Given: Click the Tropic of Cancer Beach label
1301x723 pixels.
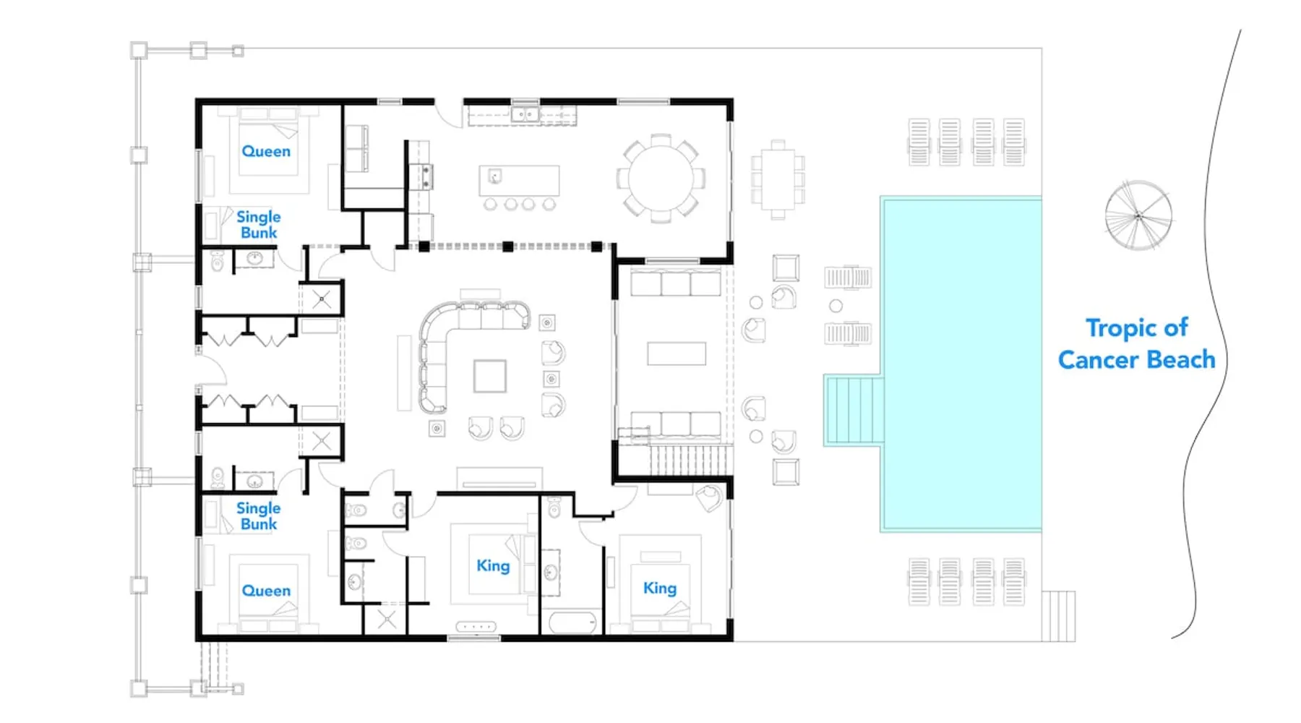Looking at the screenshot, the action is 1136,344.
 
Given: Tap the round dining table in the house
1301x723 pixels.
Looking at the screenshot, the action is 661,178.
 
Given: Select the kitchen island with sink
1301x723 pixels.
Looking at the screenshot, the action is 519,181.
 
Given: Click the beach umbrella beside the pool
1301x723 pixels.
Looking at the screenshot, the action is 1138,215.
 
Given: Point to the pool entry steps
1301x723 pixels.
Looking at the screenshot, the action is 854,410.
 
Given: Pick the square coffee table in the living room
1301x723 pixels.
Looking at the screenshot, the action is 490,376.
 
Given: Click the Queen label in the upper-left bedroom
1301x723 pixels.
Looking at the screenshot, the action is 266,151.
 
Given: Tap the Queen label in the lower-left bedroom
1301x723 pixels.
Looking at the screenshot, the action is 266,591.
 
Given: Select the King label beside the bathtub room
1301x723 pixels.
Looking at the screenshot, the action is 493,566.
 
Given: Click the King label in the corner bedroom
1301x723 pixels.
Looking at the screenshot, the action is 660,589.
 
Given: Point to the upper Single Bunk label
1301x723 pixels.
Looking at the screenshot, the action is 259,225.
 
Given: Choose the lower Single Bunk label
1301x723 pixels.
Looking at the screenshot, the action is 259,516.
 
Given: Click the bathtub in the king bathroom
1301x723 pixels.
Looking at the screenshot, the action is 572,623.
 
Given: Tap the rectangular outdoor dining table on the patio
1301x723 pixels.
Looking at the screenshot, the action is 778,179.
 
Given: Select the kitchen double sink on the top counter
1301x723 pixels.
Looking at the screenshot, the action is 525,114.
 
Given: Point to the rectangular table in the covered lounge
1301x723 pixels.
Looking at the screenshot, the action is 677,354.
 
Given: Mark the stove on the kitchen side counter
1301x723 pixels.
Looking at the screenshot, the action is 423,176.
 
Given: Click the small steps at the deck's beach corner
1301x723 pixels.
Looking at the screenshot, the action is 1058,616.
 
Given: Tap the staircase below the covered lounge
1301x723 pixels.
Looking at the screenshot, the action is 691,460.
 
